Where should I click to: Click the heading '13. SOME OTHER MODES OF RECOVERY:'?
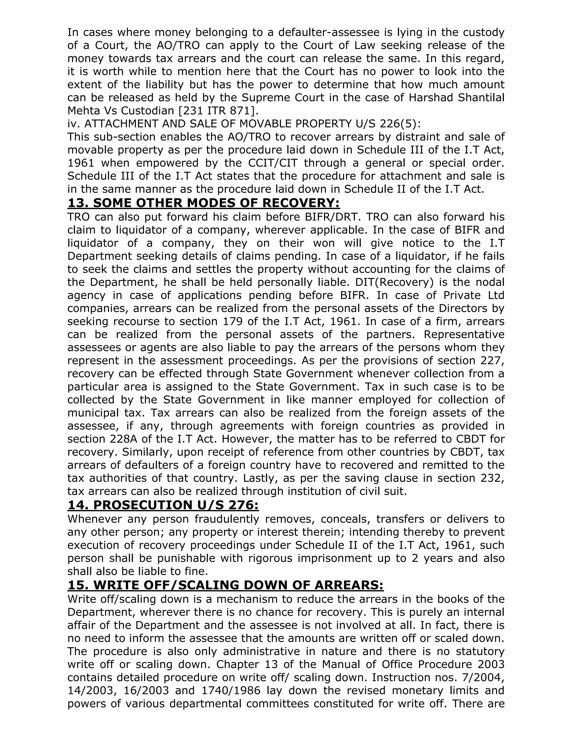(204, 203)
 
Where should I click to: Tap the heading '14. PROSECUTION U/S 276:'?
(163, 505)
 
